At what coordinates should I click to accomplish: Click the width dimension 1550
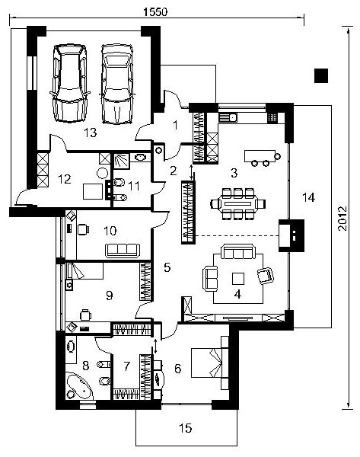[x=155, y=12]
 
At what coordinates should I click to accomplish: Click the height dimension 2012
[x=342, y=219]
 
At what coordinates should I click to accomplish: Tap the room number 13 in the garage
[x=91, y=133]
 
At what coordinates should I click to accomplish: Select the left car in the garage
[x=69, y=83]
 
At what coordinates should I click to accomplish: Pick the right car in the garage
[x=116, y=84]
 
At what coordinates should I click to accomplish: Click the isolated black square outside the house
[x=321, y=75]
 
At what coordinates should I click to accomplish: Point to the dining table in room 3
[x=238, y=203]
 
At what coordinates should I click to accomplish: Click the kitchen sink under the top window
[x=228, y=117]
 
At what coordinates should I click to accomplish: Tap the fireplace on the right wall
[x=292, y=235]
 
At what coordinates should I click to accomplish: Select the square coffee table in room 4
[x=238, y=278]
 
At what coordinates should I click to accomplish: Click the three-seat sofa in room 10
[x=123, y=251]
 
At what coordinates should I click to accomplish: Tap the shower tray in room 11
[x=121, y=161]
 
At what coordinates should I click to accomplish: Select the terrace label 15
[x=185, y=428]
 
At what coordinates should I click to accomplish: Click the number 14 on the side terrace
[x=308, y=197]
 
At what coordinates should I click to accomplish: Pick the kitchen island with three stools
[x=260, y=156]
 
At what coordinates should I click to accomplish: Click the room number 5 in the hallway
[x=167, y=267]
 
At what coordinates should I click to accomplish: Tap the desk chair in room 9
[x=85, y=315]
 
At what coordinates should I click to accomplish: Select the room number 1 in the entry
[x=175, y=126]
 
